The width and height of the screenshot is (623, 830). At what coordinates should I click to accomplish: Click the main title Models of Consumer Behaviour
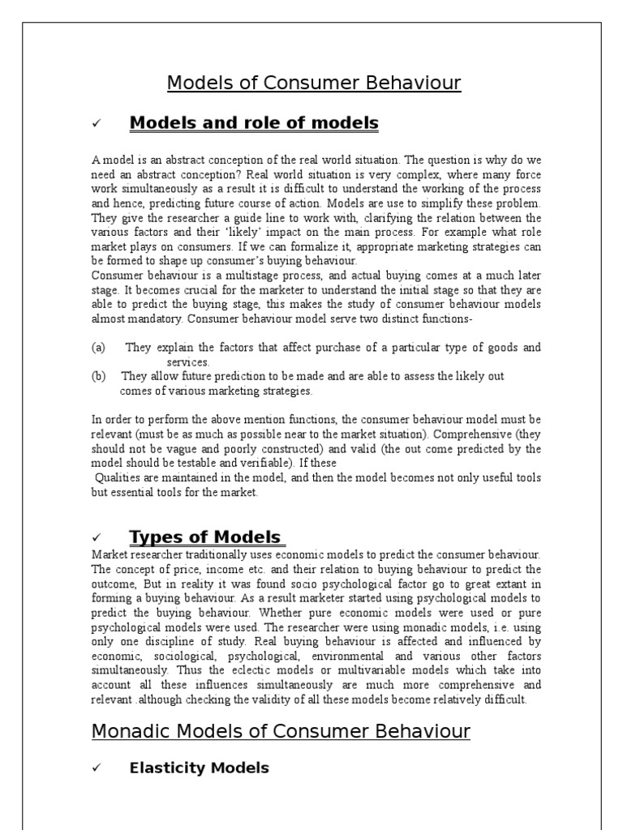(x=314, y=83)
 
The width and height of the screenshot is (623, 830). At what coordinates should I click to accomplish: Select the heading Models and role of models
(x=254, y=123)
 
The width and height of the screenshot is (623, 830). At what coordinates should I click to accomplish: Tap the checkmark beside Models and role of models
(x=96, y=124)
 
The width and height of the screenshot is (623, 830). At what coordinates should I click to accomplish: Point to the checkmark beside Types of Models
(x=96, y=538)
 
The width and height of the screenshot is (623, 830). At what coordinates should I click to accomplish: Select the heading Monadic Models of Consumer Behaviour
(x=281, y=730)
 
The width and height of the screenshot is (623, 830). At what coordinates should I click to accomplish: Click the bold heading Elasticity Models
(x=199, y=768)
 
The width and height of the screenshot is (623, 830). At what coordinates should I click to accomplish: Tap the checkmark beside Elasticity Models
(x=96, y=768)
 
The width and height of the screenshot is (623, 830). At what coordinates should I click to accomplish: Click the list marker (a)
(x=98, y=348)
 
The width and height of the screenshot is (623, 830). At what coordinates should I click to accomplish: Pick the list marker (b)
(x=98, y=377)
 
